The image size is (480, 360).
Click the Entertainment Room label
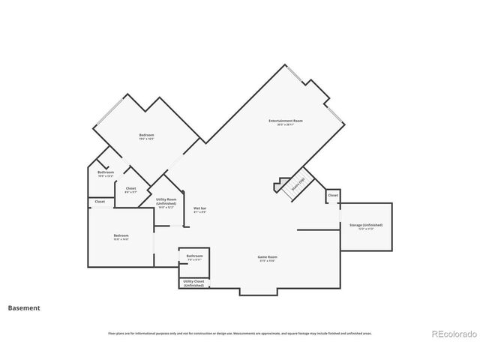coord(286,121)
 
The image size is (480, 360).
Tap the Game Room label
coord(268,256)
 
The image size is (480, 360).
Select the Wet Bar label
coord(199,208)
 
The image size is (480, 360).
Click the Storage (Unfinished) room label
coord(367,225)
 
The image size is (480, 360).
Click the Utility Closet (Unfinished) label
coord(193,283)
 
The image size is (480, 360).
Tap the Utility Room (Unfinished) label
coord(166,202)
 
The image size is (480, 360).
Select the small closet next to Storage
coord(333,195)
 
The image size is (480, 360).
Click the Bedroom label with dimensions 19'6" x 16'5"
coord(146,135)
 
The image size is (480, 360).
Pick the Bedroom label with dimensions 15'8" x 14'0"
coord(121,235)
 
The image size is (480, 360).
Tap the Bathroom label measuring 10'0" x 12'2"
coord(105,172)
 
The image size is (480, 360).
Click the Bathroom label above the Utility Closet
coord(194,256)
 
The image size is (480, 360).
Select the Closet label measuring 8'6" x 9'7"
coord(130,188)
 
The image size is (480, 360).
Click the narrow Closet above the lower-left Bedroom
coord(100,202)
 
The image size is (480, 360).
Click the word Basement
coord(24,307)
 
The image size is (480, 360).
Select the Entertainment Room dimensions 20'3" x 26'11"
coord(286,124)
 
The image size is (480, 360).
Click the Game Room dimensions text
coord(268,260)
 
